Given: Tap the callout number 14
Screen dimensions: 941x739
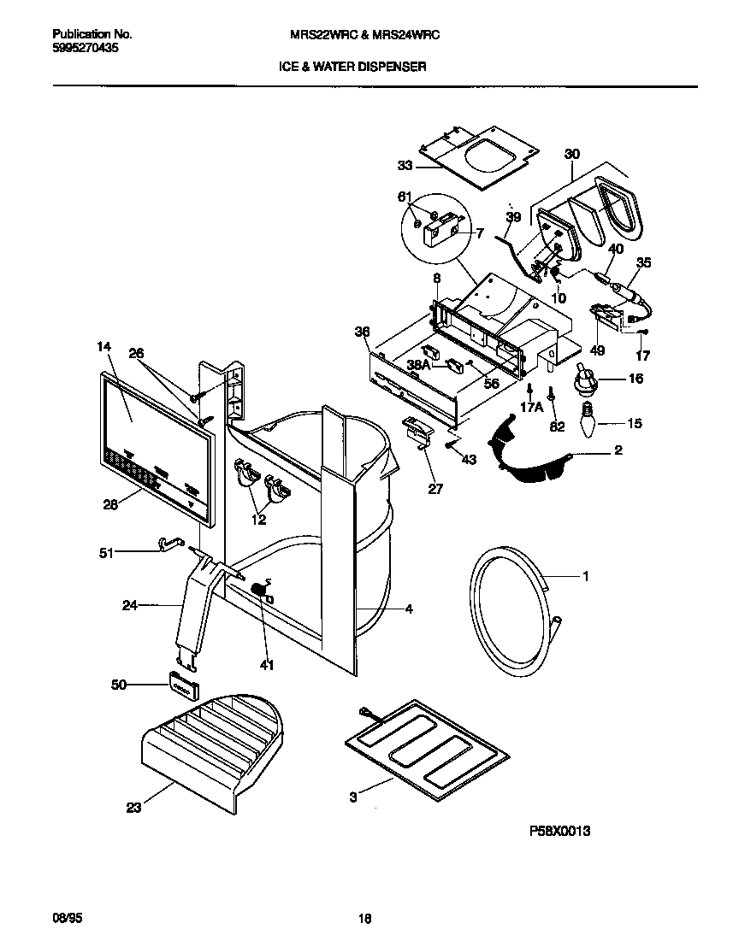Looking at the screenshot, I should tap(104, 346).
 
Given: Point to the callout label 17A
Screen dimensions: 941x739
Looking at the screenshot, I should tap(531, 409).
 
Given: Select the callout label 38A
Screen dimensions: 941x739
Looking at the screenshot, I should tap(418, 363).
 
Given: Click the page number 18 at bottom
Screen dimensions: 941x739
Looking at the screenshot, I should tap(364, 919).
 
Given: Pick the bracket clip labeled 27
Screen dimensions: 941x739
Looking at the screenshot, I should tap(416, 430).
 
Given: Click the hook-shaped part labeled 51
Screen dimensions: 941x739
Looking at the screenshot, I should tap(171, 544).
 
